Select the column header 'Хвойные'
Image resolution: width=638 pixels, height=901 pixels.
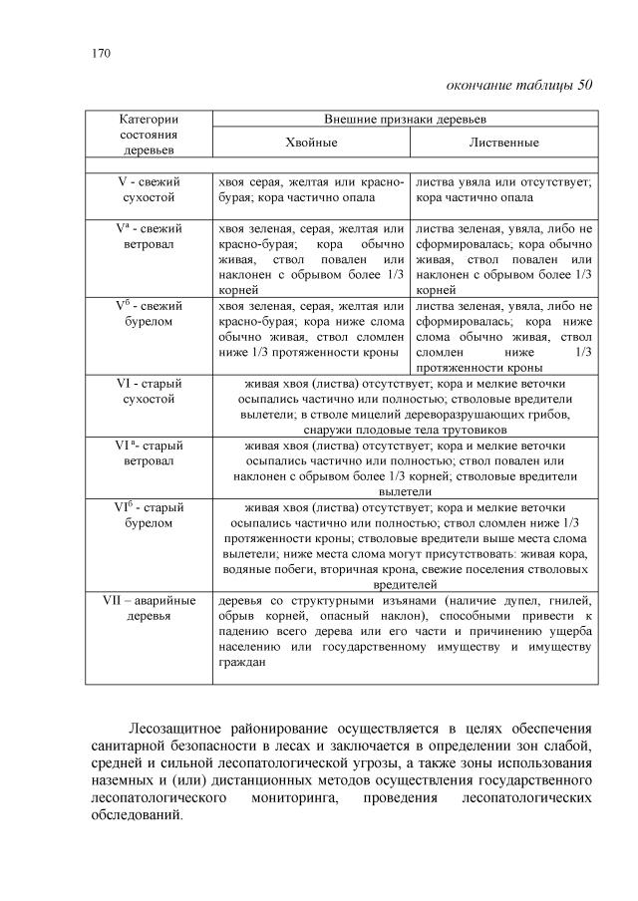pos(311,143)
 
